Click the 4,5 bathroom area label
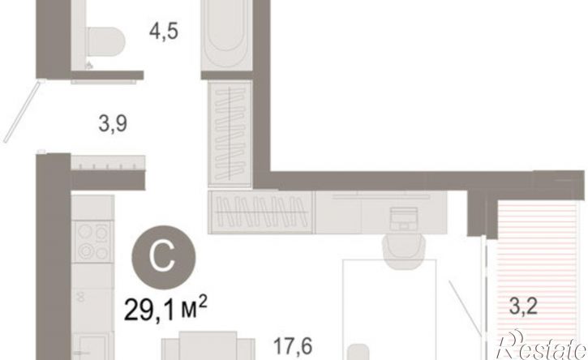tap(164, 31)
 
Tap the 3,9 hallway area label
tap(113, 123)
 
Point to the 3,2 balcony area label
tap(523, 306)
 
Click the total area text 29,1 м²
tap(165, 308)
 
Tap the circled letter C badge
tap(164, 257)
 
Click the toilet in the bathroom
tap(105, 41)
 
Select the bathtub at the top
tap(226, 35)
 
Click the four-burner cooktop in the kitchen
tap(92, 241)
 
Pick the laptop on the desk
tap(404, 219)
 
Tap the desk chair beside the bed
tap(404, 251)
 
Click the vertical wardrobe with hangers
tap(230, 134)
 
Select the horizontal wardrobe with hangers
tap(261, 212)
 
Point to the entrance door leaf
tap(22, 111)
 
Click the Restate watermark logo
tap(541, 345)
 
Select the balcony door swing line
tap(465, 306)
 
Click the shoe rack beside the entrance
tap(108, 163)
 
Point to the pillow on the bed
tap(358, 352)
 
